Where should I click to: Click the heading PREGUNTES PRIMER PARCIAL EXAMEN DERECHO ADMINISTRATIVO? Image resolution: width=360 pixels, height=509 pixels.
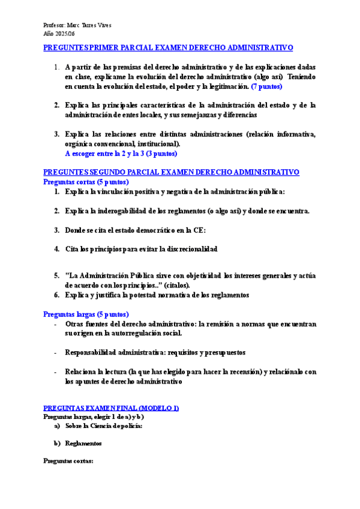tap(169, 47)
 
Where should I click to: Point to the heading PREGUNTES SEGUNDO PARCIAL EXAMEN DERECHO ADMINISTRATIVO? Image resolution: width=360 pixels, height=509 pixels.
tap(172, 172)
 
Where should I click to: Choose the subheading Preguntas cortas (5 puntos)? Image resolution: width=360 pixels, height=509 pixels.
tap(86, 181)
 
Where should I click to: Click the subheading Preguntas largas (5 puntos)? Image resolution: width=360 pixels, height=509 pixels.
tap(86, 314)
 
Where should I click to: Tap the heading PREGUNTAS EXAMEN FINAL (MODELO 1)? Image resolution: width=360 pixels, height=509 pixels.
tap(112, 408)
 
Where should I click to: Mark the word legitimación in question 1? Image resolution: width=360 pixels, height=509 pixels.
tap(224, 87)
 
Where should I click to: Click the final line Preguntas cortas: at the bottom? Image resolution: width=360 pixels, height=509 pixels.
tap(68, 462)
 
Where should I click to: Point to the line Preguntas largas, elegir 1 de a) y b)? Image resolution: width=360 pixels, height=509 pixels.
tap(94, 416)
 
